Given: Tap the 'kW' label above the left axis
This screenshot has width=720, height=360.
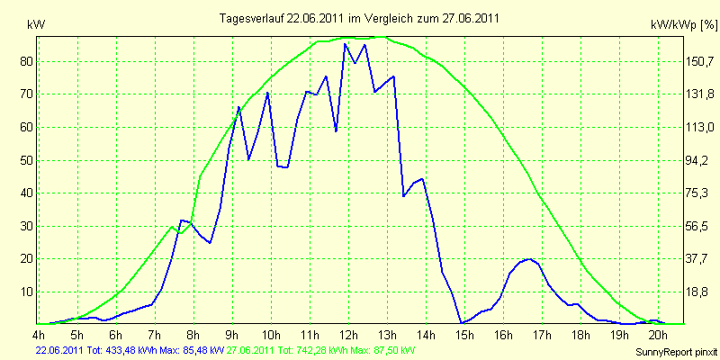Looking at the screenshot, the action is click(36, 25).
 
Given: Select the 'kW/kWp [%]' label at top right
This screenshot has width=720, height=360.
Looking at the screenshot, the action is click(684, 25).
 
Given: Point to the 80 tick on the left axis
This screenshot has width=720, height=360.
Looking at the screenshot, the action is click(26, 61).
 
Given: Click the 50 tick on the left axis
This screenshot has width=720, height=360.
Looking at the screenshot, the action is click(26, 161).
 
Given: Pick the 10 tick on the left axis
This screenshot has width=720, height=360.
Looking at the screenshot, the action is click(26, 292).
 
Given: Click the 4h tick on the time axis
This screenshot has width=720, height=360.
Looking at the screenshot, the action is click(38, 334).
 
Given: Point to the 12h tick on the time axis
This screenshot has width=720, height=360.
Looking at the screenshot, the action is click(348, 334).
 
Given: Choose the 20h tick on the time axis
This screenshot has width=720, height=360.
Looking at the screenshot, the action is click(659, 334).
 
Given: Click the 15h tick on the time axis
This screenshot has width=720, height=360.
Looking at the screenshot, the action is click(464, 334).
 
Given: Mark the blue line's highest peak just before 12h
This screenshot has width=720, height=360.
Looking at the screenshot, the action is click(345, 43).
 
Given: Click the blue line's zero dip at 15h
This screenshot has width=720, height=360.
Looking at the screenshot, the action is click(461, 323).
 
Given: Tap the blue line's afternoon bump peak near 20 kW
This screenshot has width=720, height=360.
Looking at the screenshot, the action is click(529, 259).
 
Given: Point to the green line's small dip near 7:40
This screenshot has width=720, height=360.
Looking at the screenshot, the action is click(181, 233).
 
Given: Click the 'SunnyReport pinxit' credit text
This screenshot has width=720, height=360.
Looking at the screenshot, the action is click(676, 353).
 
